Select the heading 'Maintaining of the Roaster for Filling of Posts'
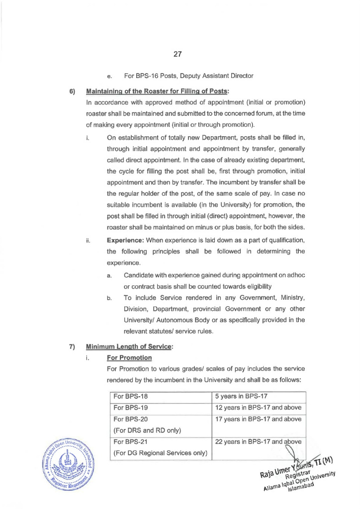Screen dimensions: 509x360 [x=157, y=92]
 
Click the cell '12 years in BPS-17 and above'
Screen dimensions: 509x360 [x=258, y=408]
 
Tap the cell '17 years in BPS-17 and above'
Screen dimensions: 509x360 [x=258, y=419]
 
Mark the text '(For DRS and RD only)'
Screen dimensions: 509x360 [x=147, y=430]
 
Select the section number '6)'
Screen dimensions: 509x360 [x=72, y=92]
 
